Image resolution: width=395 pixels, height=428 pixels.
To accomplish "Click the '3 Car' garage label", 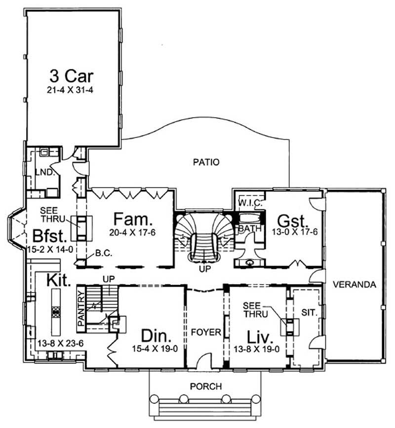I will (72, 77).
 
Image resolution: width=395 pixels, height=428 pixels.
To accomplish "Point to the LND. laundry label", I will (44, 171).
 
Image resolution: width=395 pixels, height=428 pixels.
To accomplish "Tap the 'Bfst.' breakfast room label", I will (47, 234).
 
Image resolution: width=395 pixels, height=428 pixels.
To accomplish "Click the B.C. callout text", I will (104, 252).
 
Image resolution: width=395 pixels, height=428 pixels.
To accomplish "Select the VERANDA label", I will (355, 285).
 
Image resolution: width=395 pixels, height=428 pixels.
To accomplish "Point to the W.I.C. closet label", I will (249, 203).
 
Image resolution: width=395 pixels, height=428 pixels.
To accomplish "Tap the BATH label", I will (246, 229).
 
